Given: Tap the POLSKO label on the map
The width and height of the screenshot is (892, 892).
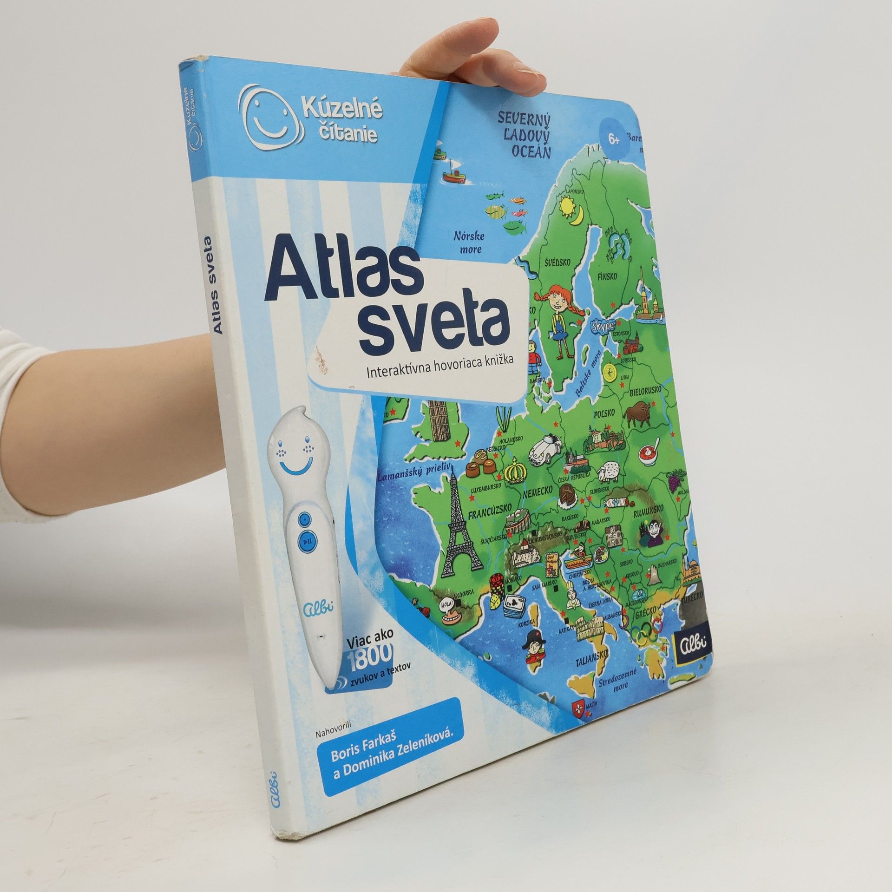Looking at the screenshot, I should coord(604,413).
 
